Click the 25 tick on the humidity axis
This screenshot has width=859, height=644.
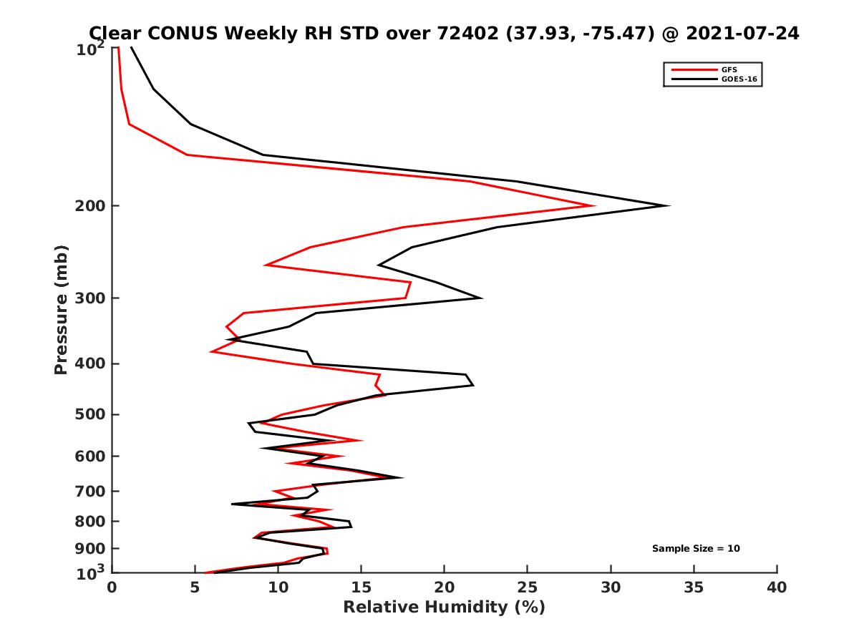pos(528,588)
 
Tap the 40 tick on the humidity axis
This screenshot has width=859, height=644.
pos(777,588)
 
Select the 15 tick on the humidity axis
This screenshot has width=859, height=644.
pos(361,588)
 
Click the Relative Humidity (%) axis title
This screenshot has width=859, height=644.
pos(444,608)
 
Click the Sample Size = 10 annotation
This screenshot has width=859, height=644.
pos(695,549)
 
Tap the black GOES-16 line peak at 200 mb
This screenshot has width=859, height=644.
pos(669,206)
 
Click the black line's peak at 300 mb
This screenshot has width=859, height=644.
pos(481,298)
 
